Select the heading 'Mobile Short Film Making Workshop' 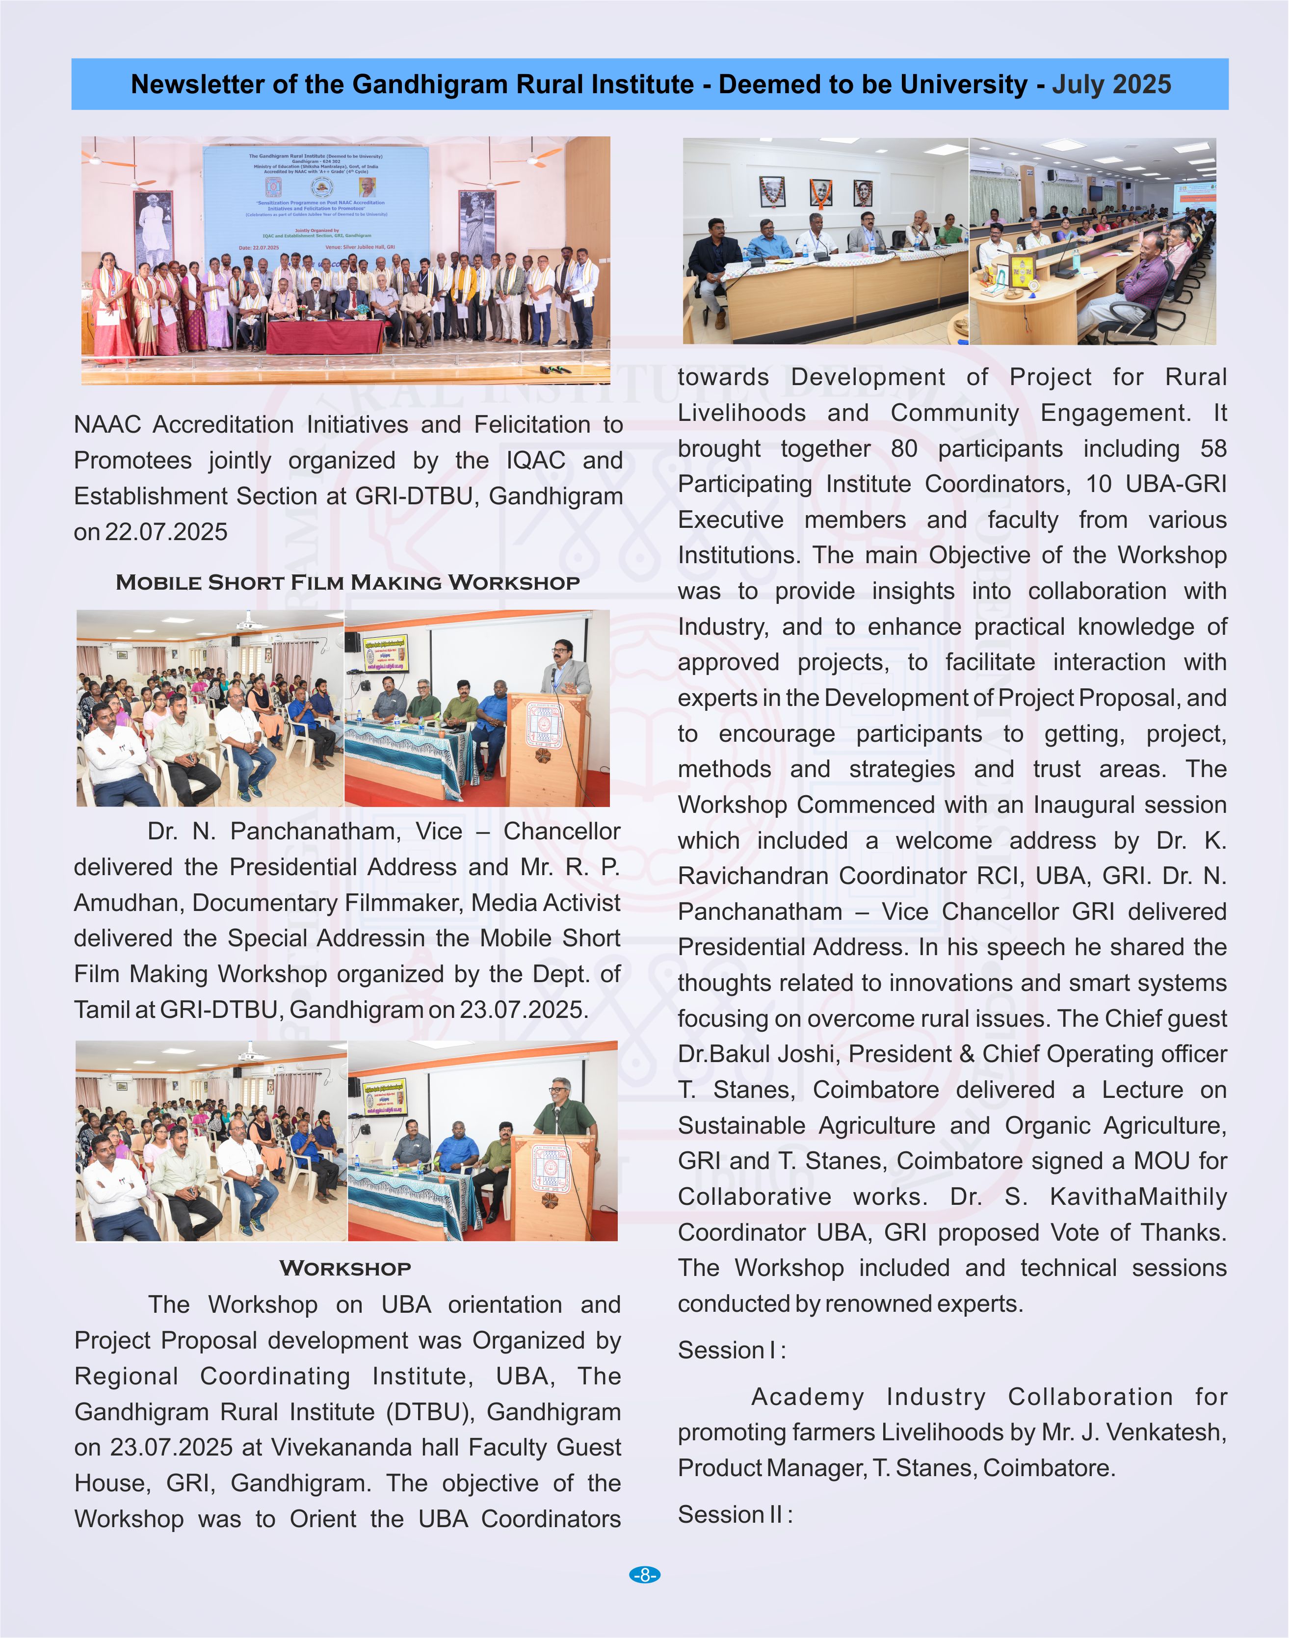point(347,582)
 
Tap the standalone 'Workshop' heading point(345,1268)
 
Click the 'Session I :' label point(731,1350)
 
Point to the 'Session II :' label point(735,1514)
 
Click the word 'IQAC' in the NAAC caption point(535,460)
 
